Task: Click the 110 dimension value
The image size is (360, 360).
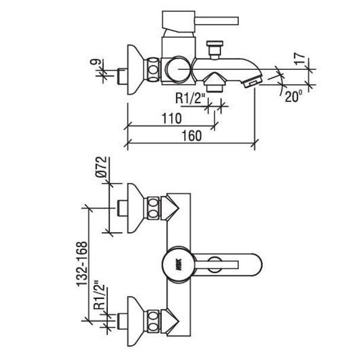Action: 172,118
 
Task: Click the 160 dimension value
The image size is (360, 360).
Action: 192,136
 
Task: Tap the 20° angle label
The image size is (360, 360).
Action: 294,96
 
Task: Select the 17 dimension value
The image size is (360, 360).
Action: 300,59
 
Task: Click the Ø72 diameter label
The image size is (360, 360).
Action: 101,167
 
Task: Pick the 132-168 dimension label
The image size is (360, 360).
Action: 82,264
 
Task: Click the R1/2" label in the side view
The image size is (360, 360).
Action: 190,99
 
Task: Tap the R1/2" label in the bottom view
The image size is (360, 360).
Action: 99,295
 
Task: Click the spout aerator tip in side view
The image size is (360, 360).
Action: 253,81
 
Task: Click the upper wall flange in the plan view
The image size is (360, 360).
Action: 136,208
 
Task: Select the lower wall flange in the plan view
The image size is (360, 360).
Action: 136,322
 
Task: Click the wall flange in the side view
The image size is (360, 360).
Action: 136,69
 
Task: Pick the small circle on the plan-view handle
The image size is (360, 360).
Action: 215,265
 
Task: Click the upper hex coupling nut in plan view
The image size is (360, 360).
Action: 153,208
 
